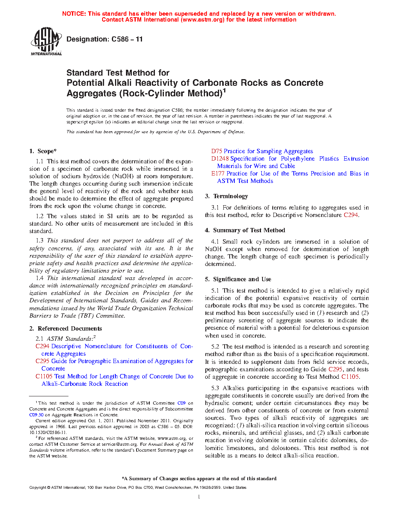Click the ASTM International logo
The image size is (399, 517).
point(46,41)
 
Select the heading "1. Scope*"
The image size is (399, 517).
point(43,151)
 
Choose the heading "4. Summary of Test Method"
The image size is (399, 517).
point(245,230)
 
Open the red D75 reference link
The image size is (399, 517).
point(217,151)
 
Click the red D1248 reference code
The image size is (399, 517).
point(220,159)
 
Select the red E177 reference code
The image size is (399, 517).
point(218,174)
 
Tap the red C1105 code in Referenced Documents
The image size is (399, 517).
point(44,376)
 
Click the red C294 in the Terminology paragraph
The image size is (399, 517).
point(350,215)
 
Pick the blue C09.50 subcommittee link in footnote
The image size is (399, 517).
point(36,415)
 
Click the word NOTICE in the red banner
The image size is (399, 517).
point(74,14)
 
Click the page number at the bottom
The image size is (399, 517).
point(199,497)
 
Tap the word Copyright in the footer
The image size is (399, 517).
point(38,488)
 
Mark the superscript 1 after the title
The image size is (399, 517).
point(224,91)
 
